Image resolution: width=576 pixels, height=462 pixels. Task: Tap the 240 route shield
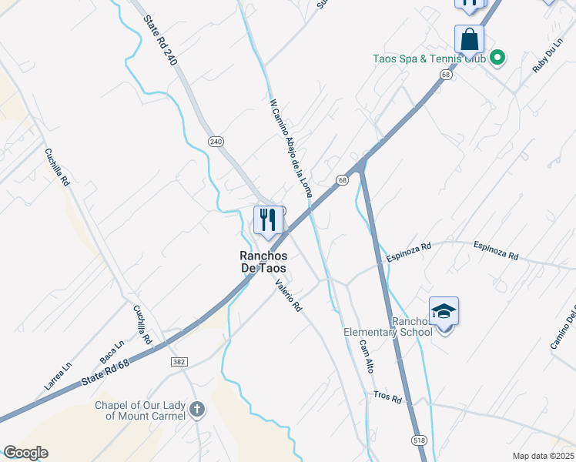click(x=216, y=141)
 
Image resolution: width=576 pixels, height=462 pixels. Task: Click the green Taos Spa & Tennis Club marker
click(x=497, y=56)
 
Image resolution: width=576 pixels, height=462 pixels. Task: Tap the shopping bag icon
click(x=469, y=38)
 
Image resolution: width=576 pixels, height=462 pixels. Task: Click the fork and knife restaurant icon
click(x=268, y=220)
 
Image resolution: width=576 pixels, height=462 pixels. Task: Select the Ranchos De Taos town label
click(x=261, y=262)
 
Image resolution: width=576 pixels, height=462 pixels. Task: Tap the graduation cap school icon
click(x=444, y=311)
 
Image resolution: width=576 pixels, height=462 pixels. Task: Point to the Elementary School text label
click(x=388, y=332)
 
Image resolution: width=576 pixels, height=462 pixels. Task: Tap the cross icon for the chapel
click(x=197, y=409)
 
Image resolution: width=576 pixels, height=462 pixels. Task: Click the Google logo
click(x=25, y=453)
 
